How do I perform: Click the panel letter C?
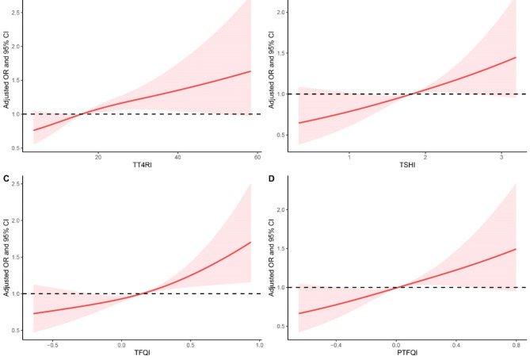point(6,179)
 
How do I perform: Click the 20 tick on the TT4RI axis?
point(98,157)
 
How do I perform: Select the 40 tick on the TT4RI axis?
point(177,157)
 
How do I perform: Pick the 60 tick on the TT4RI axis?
point(257,157)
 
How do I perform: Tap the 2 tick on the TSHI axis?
point(425,157)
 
